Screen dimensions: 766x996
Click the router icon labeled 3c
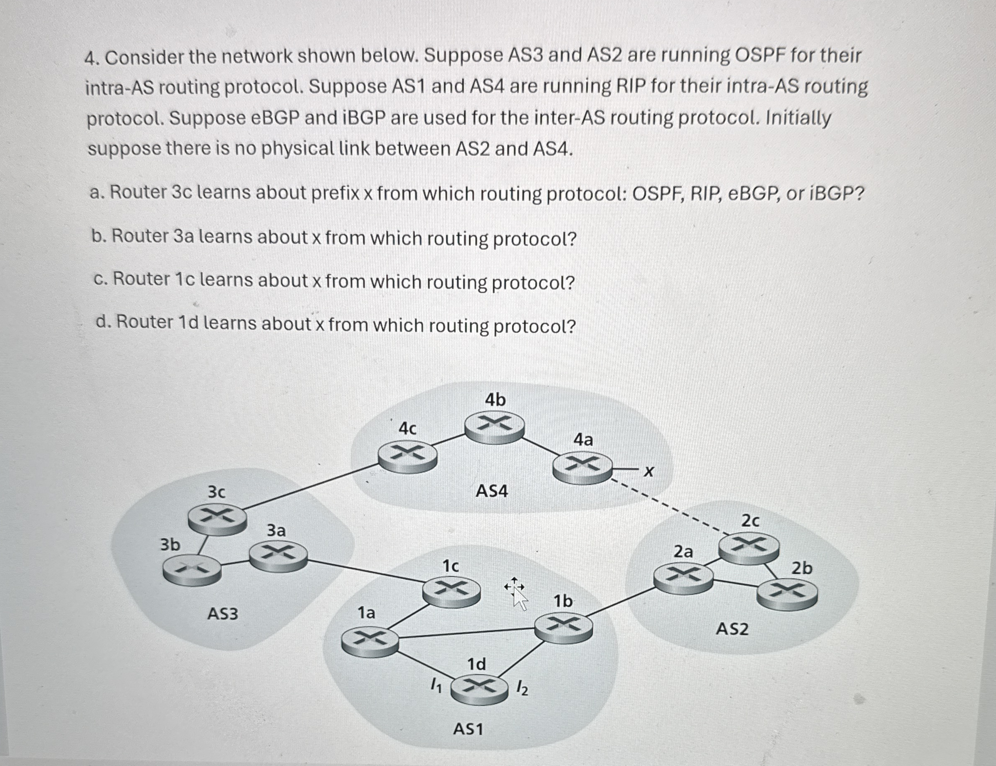tap(217, 520)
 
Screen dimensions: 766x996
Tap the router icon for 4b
tap(494, 428)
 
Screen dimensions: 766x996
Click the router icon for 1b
tap(564, 628)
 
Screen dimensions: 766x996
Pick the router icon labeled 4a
tap(582, 468)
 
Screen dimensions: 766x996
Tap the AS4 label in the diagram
tap(492, 491)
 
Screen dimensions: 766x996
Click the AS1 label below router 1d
tap(468, 729)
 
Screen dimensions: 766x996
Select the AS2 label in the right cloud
tap(732, 629)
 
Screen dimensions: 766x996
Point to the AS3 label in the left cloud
tap(222, 614)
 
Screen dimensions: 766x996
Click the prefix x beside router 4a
tap(648, 471)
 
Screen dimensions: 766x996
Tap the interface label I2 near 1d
tap(522, 687)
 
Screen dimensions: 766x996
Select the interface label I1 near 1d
tap(436, 685)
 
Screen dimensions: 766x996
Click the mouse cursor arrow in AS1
tap(518, 596)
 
